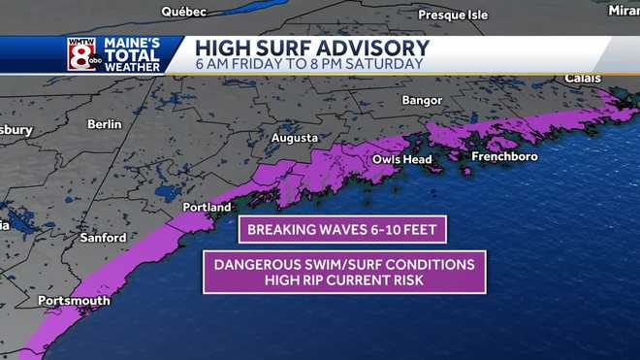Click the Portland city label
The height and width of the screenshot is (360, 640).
pos(208,208)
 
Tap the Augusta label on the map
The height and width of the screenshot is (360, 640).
pos(294,139)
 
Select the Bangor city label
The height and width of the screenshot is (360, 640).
pos(422,101)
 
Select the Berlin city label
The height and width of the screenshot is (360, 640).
pos(104,124)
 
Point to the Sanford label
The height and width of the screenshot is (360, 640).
pos(103,238)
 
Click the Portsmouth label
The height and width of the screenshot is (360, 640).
pos(74,301)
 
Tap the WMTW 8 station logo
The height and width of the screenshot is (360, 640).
pos(81,54)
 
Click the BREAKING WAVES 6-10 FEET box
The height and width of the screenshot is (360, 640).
pos(343,230)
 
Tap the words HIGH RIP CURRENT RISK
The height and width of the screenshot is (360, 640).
pos(343,280)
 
